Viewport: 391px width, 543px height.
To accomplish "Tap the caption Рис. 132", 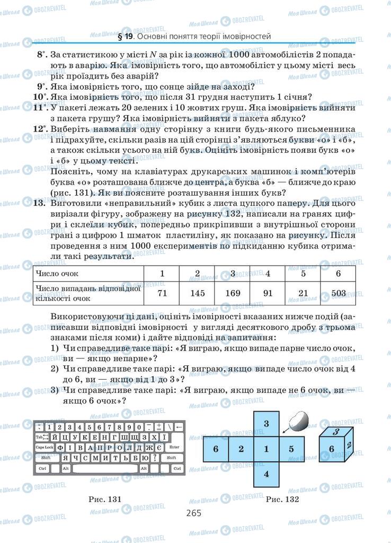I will click(x=282, y=499).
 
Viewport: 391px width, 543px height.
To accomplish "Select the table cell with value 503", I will click(x=338, y=293).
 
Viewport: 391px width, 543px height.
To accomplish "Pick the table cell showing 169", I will click(x=232, y=293).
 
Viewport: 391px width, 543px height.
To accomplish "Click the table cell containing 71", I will click(x=162, y=293).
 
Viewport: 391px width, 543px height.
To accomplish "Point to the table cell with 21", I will click(x=303, y=293).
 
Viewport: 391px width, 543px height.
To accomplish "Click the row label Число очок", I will click(x=57, y=274).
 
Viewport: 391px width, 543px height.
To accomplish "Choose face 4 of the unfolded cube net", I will click(x=266, y=474).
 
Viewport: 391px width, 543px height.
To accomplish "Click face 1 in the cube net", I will click(x=266, y=449).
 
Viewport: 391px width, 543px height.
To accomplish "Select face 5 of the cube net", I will click(x=291, y=449).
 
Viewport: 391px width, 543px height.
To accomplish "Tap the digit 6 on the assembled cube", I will click(x=331, y=449).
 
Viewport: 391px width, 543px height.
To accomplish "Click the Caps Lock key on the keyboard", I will click(x=45, y=448).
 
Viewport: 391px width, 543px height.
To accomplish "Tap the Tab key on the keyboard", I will click(x=41, y=437).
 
